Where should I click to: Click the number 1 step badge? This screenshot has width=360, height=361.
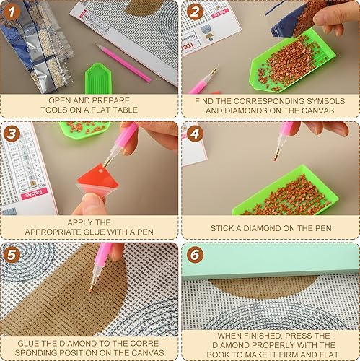12,12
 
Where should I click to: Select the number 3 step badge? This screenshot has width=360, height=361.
12,134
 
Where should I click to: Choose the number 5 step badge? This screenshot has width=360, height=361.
12,254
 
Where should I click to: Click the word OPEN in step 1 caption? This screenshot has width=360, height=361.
61,100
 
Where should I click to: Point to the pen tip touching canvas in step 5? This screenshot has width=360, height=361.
91,289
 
